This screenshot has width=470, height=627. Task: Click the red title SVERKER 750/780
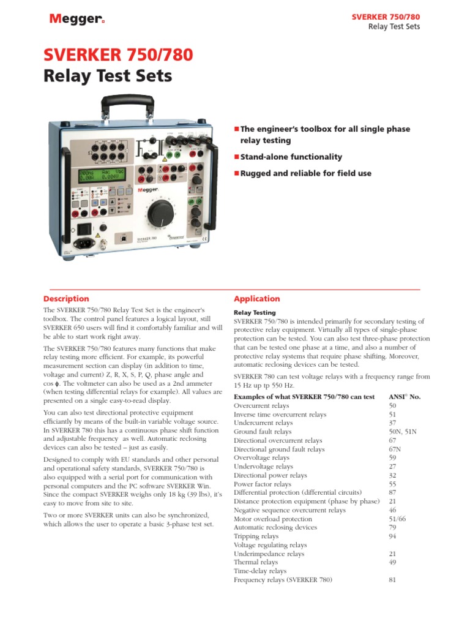117,56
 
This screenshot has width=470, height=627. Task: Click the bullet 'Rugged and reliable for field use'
305,173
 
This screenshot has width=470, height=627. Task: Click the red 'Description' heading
66,299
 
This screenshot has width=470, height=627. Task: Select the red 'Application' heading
257,299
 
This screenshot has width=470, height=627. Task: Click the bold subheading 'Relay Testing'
255,312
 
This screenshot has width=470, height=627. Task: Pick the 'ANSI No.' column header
405,397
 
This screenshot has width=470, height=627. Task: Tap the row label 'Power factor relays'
263,484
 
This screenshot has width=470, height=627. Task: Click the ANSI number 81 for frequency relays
392,579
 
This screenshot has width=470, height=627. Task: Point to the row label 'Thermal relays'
256,562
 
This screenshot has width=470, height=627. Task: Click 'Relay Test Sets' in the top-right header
394,28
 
